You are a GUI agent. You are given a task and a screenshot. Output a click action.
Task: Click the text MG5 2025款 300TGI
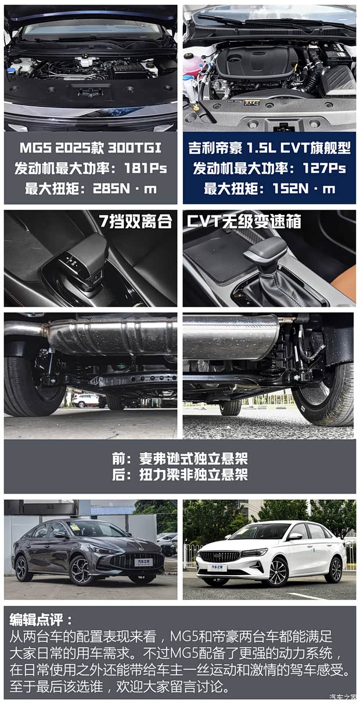91,148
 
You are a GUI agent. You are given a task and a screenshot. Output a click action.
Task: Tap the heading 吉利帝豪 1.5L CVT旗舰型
269,148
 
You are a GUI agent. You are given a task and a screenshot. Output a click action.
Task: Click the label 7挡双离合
136,221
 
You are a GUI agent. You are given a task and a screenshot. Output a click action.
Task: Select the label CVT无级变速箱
244,221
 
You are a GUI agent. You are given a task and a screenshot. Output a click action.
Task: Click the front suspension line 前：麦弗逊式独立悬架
180,459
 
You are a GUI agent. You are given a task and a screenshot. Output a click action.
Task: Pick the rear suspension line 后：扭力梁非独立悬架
180,475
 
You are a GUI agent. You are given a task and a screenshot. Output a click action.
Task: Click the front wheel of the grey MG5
80,570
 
